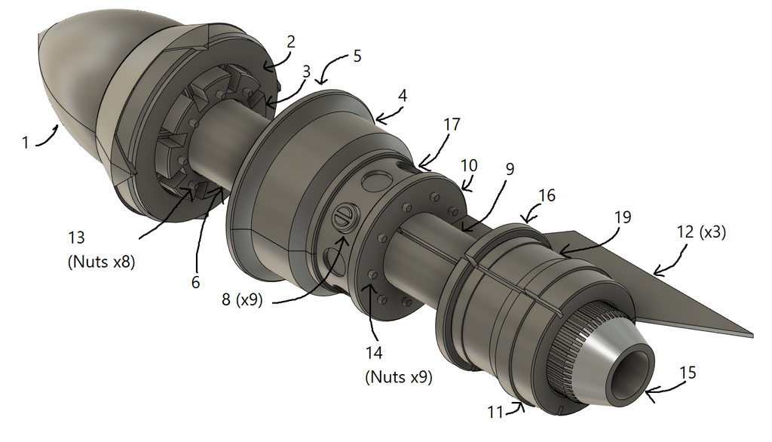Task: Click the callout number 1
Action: pyautogui.click(x=26, y=143)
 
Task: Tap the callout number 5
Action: pyautogui.click(x=357, y=56)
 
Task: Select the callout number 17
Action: pyautogui.click(x=452, y=124)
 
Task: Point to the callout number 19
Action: pyautogui.click(x=623, y=216)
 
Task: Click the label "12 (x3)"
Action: pyautogui.click(x=701, y=232)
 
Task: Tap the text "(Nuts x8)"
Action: pyautogui.click(x=101, y=261)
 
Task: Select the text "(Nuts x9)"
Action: pyautogui.click(x=399, y=377)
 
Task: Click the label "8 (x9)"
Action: pyautogui.click(x=242, y=299)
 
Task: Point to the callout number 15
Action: pyautogui.click(x=688, y=373)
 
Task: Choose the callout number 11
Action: pyautogui.click(x=495, y=411)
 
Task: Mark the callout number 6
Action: pyautogui.click(x=195, y=282)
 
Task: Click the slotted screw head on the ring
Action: pyautogui.click(x=343, y=216)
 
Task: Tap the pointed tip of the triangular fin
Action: pyautogui.click(x=753, y=335)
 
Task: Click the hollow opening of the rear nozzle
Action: pyautogui.click(x=633, y=369)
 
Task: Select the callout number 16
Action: pyautogui.click(x=547, y=195)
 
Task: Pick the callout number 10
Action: pyautogui.click(x=469, y=166)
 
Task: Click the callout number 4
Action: pyautogui.click(x=403, y=96)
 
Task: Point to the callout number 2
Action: pyautogui.click(x=291, y=42)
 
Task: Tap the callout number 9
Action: pyautogui.click(x=510, y=169)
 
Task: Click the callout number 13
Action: pyautogui.click(x=77, y=238)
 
